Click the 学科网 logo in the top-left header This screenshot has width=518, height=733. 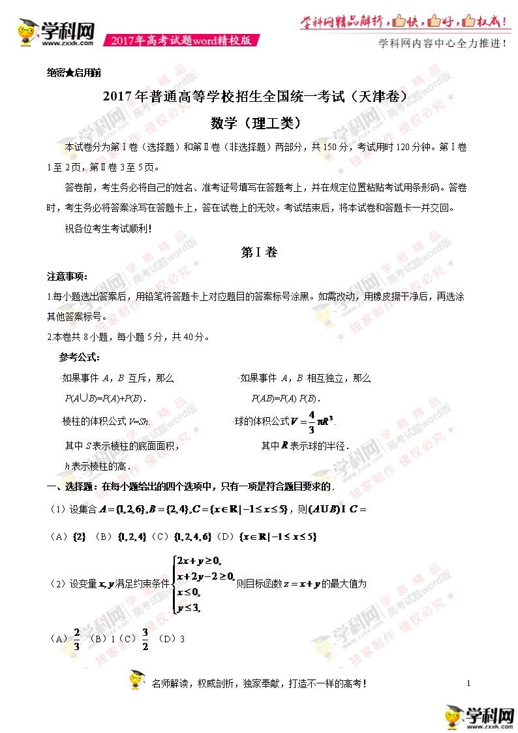(55, 32)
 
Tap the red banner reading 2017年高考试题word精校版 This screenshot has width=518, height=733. (181, 40)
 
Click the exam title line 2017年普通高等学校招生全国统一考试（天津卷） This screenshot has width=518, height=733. (259, 96)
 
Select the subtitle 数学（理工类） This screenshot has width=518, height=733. (258, 123)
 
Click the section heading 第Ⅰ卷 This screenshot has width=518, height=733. (259, 253)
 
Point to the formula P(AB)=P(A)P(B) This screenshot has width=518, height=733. (286, 398)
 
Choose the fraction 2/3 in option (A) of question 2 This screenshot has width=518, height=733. (77, 639)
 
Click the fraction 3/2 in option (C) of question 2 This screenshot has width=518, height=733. (145, 639)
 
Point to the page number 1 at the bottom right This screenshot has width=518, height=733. (469, 683)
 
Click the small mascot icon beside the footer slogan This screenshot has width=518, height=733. (136, 681)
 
